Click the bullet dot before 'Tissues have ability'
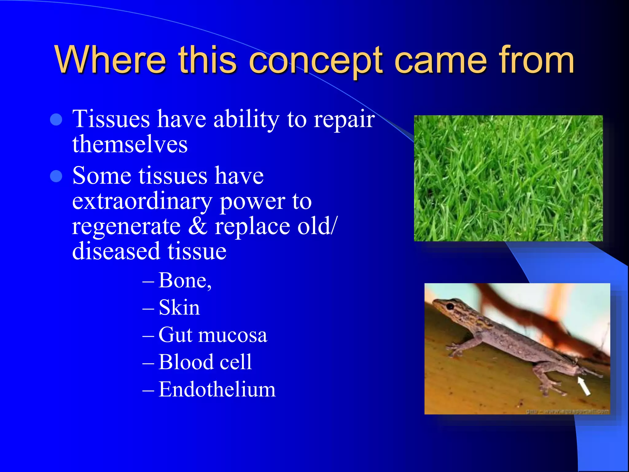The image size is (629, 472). (x=56, y=120)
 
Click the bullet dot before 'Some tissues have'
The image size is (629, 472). (x=56, y=176)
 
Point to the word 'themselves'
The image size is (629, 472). (x=130, y=144)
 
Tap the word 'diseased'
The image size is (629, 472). (x=115, y=251)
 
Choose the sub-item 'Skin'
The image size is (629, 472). (x=179, y=307)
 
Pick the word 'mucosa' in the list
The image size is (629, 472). (x=232, y=335)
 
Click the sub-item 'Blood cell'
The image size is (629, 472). (x=205, y=362)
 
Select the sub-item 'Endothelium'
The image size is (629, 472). (x=217, y=389)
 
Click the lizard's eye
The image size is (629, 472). (x=450, y=306)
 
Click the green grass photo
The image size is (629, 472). (x=508, y=178)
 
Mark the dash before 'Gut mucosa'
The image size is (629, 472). (x=148, y=335)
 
